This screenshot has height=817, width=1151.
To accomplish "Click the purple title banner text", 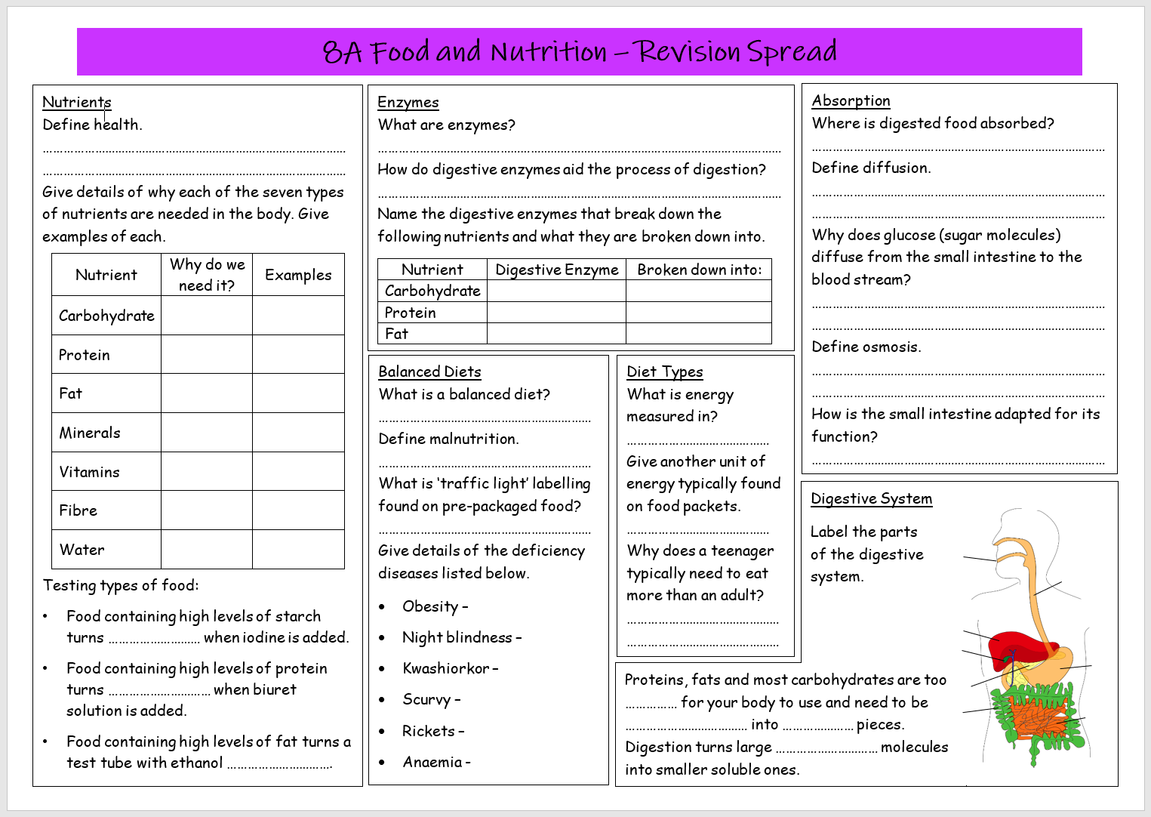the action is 579,51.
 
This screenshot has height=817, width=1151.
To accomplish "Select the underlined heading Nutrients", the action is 77,102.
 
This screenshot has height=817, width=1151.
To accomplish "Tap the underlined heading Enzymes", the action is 408,102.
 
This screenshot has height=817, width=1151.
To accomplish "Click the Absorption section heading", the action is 851,100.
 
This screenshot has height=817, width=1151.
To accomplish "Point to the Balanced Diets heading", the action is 429,372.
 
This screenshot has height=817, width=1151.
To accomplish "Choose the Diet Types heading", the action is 664,372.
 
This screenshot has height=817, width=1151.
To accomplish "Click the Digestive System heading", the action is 871,498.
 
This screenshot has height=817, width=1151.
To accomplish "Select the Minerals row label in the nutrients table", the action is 90,433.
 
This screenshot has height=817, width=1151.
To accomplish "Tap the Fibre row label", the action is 78,510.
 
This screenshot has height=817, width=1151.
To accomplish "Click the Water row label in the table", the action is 82,550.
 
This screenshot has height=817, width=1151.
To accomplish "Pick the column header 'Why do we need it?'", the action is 207,275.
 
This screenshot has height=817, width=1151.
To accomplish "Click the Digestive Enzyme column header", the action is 556,270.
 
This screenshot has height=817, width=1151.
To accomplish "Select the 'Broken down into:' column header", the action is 699,270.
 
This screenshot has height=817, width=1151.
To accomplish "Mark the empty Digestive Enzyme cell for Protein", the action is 556,313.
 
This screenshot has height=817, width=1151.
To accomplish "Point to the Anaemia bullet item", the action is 436,762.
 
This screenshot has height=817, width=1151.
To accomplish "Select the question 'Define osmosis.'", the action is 866,347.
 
